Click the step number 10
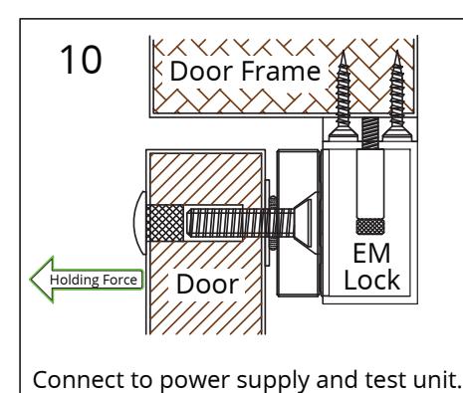tap(81, 60)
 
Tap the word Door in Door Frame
tap(201, 71)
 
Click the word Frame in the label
tap(281, 71)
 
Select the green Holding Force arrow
tap(87, 280)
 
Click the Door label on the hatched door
tap(207, 285)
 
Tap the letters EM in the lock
tap(371, 254)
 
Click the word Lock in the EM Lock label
tap(371, 281)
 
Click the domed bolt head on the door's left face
tap(140, 223)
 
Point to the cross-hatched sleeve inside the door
tap(164, 223)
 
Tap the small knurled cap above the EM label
tap(370, 227)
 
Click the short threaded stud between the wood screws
tap(370, 133)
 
